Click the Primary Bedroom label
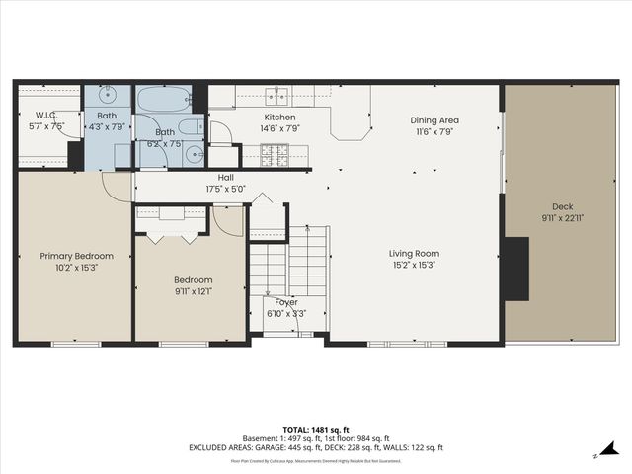(76, 256)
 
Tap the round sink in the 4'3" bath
(107, 97)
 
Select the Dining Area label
(434, 120)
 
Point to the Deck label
(563, 206)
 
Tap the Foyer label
(286, 302)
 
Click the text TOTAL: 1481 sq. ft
(316, 430)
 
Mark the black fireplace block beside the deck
(514, 268)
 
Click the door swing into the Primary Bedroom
(117, 188)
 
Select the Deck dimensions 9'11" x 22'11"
(563, 217)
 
